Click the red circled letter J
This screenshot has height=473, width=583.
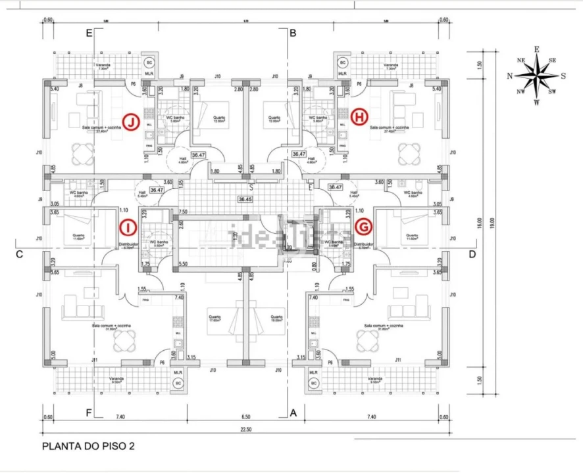tap(132, 122)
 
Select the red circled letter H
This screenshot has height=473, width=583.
tap(359, 117)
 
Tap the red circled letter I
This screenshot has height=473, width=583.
tap(128, 227)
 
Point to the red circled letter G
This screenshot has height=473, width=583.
tap(361, 227)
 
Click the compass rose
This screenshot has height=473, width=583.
tap(537, 75)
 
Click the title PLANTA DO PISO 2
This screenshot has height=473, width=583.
tap(89, 446)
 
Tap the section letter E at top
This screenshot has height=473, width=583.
tap(89, 33)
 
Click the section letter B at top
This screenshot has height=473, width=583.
tap(293, 33)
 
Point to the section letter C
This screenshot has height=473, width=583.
tap(20, 254)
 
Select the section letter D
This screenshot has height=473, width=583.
tap(472, 254)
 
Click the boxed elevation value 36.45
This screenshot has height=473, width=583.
tap(245, 199)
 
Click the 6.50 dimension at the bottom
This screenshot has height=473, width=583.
tap(245, 417)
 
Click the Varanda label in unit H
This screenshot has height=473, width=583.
tap(391, 66)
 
